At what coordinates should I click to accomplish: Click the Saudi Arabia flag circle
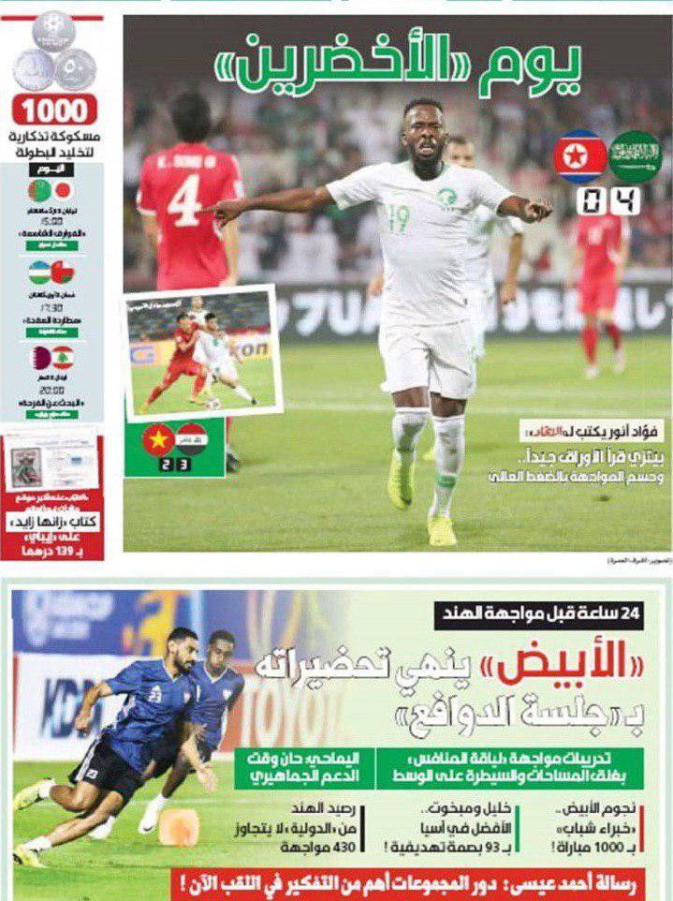coord(636,155)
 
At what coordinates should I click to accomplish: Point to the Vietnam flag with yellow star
coord(158,441)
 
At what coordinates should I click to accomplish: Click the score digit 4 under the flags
coord(626,200)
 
